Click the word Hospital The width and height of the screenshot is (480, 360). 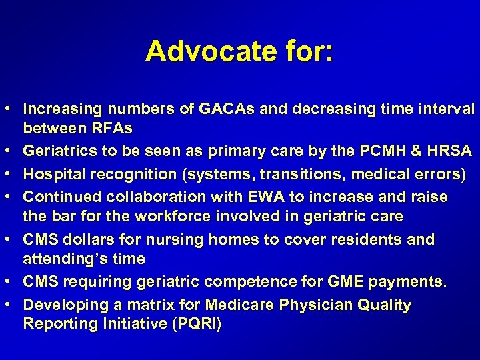(51, 175)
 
